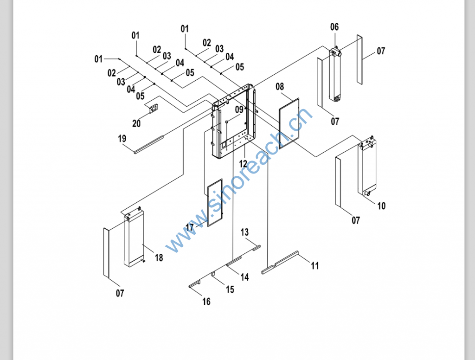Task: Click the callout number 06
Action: point(334,27)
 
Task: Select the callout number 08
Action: point(280,86)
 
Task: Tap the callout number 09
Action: point(239,109)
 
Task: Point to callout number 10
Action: point(381,206)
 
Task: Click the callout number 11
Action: point(315,266)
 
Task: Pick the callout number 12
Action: point(244,163)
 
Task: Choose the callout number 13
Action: point(244,232)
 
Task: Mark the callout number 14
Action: point(244,277)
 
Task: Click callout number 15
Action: point(230,289)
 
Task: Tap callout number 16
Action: point(206,302)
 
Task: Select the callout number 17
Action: point(189,227)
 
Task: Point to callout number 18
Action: point(159,258)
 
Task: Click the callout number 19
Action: point(122,138)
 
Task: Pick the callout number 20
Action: point(136,123)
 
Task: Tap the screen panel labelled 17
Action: point(215,202)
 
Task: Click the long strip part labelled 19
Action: point(148,143)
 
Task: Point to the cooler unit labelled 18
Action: point(134,239)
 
